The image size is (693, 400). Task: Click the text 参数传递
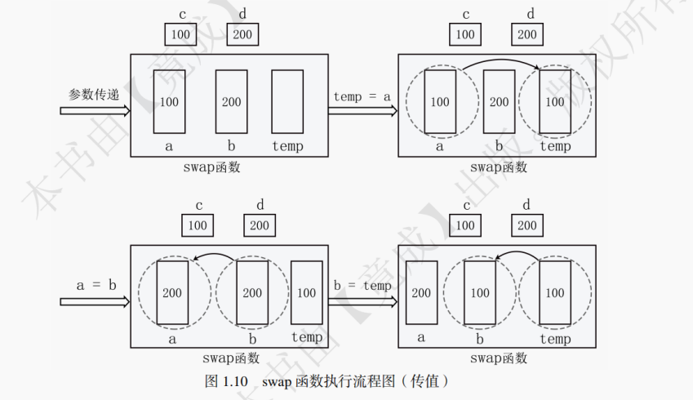pyautogui.click(x=94, y=95)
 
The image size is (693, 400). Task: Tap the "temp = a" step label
pyautogui.click(x=362, y=96)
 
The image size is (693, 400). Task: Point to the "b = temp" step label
pyautogui.click(x=362, y=286)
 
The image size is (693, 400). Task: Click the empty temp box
pyautogui.click(x=287, y=101)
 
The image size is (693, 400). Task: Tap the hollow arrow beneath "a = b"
pyautogui.click(x=95, y=301)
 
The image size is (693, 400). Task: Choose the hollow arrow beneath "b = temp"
pyautogui.click(x=362, y=301)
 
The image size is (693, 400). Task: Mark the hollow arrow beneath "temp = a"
pyautogui.click(x=362, y=112)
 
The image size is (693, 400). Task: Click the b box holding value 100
pyautogui.click(x=480, y=292)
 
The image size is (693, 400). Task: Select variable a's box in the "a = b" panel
pyautogui.click(x=171, y=292)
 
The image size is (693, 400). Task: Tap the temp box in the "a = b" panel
pyautogui.click(x=306, y=292)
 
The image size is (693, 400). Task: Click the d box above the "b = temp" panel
pyautogui.click(x=526, y=225)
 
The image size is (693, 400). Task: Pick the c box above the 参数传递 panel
pyautogui.click(x=180, y=34)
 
